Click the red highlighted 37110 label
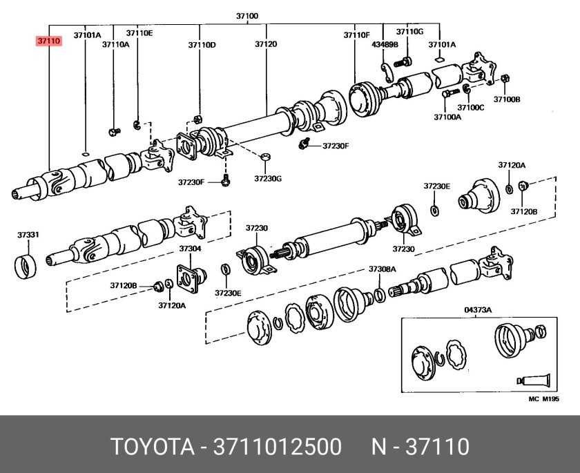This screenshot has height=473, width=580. coord(49,41)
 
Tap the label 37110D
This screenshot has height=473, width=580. coord(202,45)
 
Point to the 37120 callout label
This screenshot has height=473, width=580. coord(266,45)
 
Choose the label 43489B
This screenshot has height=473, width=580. coord(384,45)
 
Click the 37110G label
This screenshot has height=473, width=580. coord(409,32)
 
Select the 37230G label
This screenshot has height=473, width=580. coord(268,178)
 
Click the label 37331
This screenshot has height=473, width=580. coord(28,235)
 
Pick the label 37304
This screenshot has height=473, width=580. coord(190,249)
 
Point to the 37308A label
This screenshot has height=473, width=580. coord(381,269)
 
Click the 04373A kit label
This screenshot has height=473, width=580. coord(476,311)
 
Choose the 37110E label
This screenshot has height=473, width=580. coord(139,32)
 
